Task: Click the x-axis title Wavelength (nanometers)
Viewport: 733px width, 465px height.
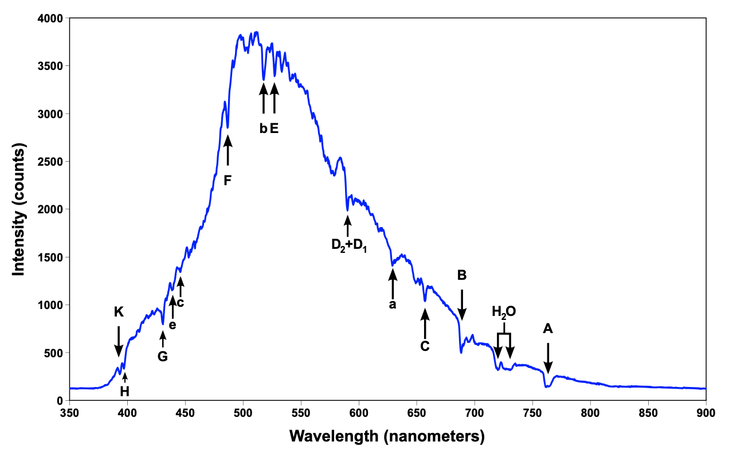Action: pyautogui.click(x=387, y=436)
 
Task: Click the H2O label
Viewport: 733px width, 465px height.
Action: pyautogui.click(x=504, y=312)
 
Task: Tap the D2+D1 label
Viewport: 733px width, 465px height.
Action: pyautogui.click(x=348, y=245)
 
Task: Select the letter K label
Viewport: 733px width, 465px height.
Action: pyautogui.click(x=119, y=312)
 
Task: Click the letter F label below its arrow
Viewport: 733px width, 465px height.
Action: pyautogui.click(x=228, y=181)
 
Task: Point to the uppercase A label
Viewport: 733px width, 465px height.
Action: pyautogui.click(x=548, y=329)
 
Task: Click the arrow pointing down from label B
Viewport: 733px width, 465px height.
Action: pyautogui.click(x=462, y=304)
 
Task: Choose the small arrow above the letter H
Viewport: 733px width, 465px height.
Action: pyautogui.click(x=125, y=377)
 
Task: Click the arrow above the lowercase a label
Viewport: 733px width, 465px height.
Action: pyautogui.click(x=393, y=283)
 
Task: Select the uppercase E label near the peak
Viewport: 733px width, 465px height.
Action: pyautogui.click(x=274, y=128)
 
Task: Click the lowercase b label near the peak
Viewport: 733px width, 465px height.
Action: pyautogui.click(x=263, y=128)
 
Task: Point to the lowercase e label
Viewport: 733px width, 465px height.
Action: pyautogui.click(x=173, y=326)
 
